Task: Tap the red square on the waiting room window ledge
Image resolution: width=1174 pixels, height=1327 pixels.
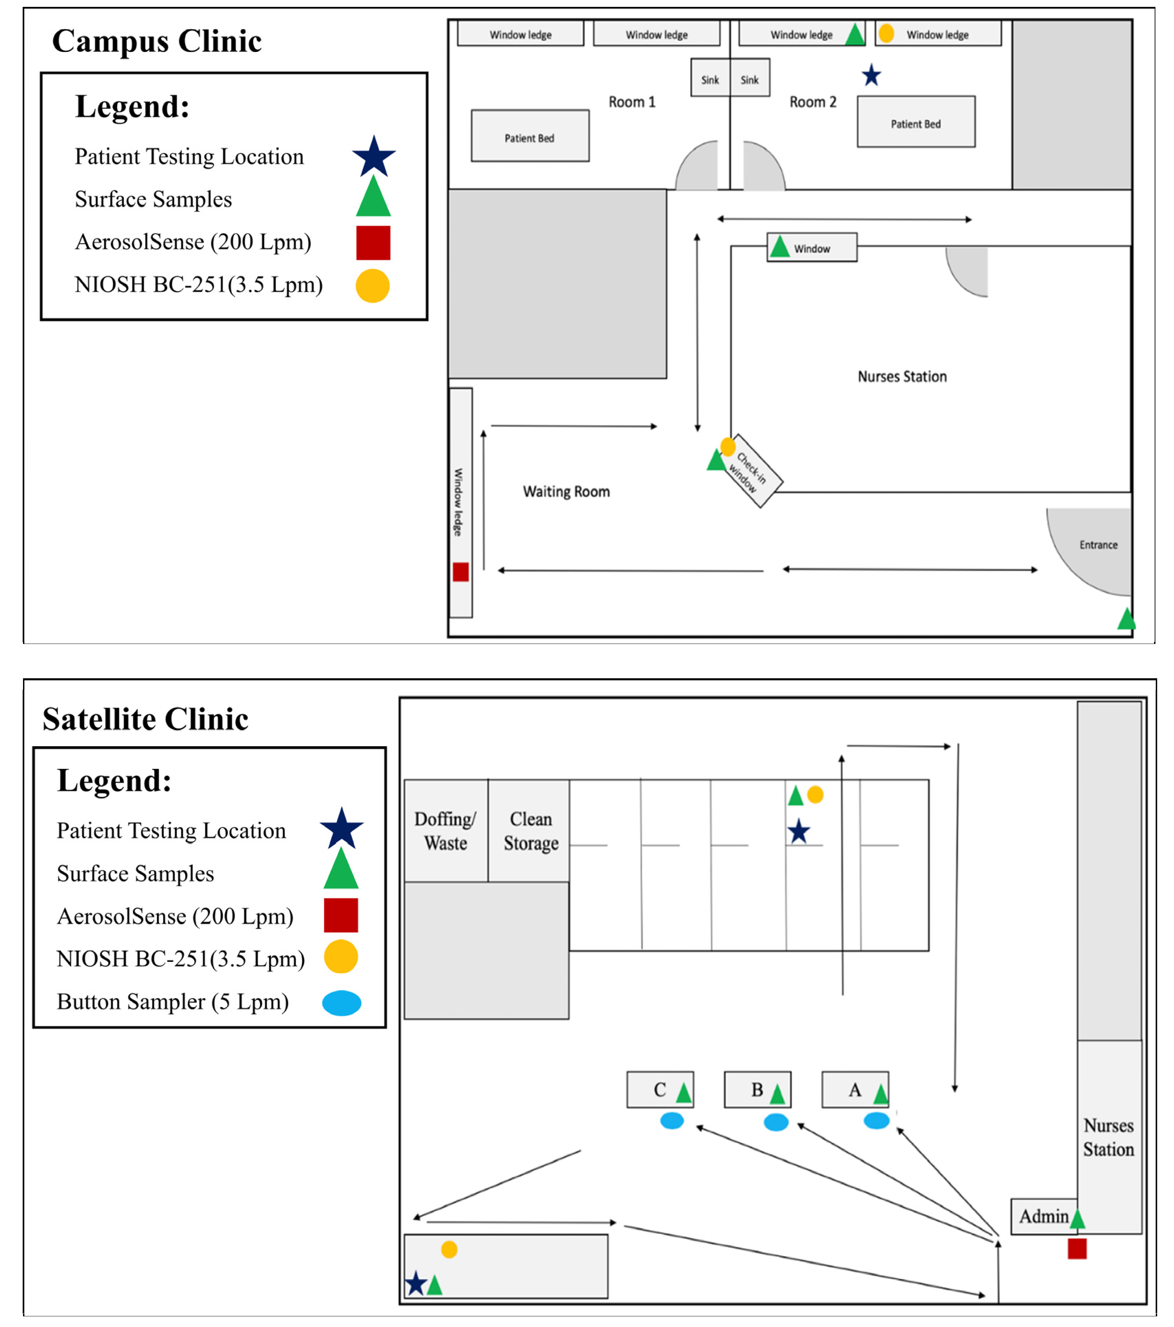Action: click(x=460, y=572)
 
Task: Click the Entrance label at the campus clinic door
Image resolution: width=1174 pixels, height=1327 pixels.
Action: click(x=1098, y=545)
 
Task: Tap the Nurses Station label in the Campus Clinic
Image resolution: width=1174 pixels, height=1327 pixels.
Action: click(x=902, y=376)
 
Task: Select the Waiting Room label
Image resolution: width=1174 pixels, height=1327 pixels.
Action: click(x=566, y=491)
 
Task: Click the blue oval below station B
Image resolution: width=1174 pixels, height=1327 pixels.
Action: click(x=776, y=1122)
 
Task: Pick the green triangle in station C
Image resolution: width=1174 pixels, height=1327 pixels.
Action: click(x=684, y=1093)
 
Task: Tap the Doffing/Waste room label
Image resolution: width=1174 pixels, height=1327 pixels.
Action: click(x=445, y=831)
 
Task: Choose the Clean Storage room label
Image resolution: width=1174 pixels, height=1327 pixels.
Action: click(x=530, y=831)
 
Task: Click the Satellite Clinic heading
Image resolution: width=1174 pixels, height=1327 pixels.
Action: click(x=145, y=719)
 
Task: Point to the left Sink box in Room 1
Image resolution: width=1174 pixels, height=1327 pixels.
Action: click(x=710, y=79)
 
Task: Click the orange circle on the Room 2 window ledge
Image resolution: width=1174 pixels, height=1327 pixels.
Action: click(x=886, y=33)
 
